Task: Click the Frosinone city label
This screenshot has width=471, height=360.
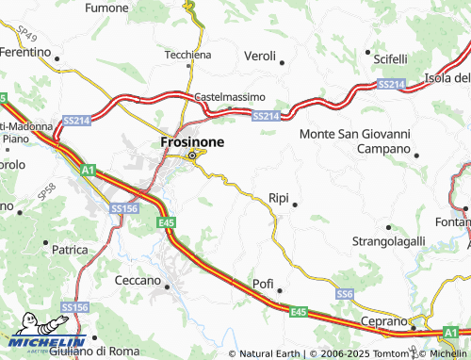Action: [192, 140]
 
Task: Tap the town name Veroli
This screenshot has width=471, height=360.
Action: [260, 57]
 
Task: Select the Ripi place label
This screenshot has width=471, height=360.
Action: [279, 199]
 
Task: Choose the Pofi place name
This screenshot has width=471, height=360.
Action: [263, 284]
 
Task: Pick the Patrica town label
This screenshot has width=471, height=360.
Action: [70, 250]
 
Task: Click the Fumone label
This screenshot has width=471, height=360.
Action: [106, 8]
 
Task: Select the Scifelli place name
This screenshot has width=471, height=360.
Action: [390, 58]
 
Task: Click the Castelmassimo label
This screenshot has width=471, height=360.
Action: [230, 97]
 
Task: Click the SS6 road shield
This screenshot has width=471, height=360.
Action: [345, 295]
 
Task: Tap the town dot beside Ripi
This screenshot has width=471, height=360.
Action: [296, 205]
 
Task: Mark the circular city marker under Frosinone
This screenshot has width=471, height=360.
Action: [194, 155]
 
